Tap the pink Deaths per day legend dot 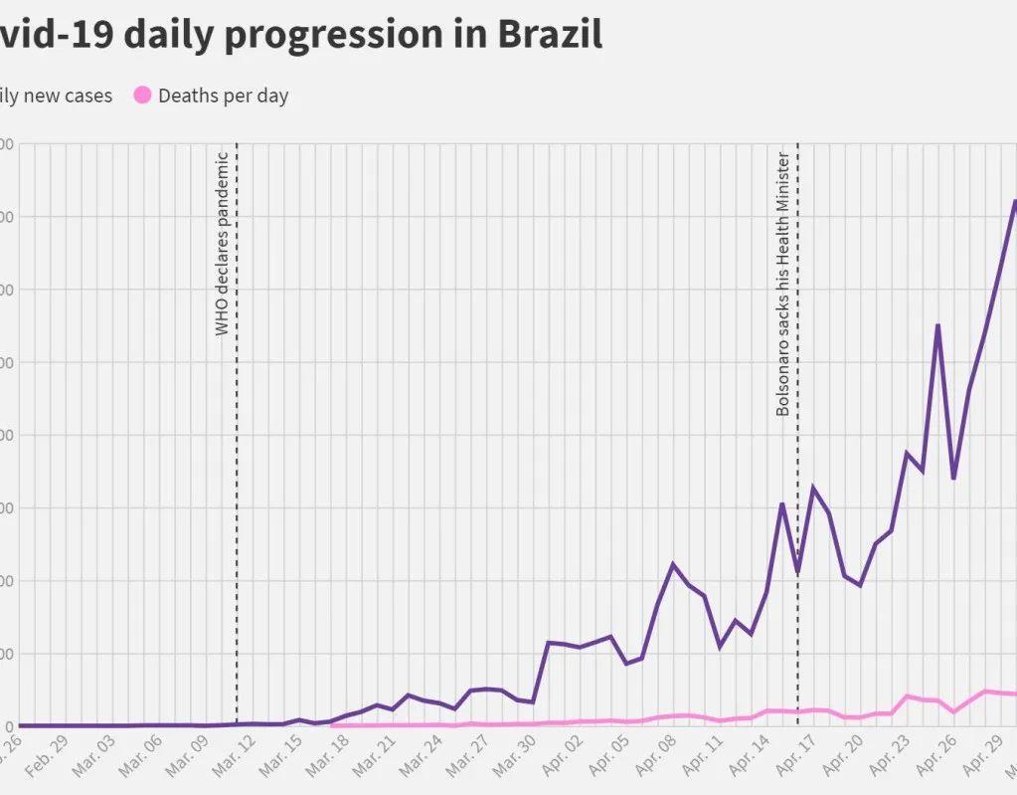(x=142, y=96)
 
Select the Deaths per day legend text (x=223, y=97)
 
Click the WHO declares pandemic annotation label (x=223, y=244)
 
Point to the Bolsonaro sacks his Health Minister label (x=782, y=284)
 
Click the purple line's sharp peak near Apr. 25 (x=937, y=325)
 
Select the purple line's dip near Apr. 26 (x=953, y=479)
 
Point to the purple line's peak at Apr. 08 (x=673, y=564)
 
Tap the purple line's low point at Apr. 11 (x=720, y=647)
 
